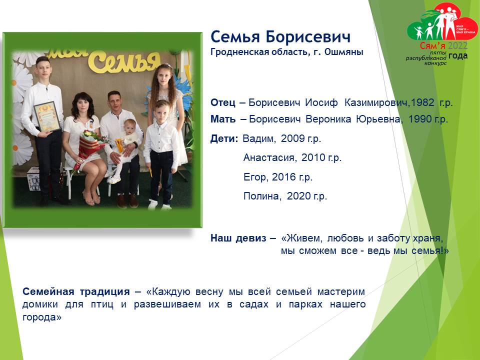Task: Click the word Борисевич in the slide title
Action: [308, 37]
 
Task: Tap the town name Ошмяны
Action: [344, 52]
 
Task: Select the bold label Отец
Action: [223, 103]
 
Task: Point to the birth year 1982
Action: [422, 102]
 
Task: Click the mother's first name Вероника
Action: [328, 119]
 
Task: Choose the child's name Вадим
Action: [258, 139]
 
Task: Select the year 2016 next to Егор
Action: [283, 177]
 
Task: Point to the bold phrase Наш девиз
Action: [238, 238]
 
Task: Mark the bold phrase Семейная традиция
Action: [76, 291]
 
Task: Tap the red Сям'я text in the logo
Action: [432, 46]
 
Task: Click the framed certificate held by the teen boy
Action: [47, 116]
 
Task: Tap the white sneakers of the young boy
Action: [159, 205]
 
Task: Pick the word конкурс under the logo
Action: [435, 63]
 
